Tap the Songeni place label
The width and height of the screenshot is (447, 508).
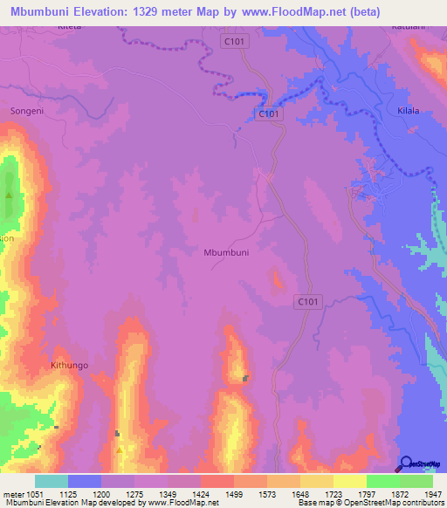pyautogui.click(x=27, y=111)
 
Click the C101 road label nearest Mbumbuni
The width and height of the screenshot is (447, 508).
pyautogui.click(x=306, y=301)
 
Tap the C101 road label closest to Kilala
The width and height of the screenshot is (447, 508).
pyautogui.click(x=270, y=113)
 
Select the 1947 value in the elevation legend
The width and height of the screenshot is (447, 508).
pyautogui.click(x=423, y=493)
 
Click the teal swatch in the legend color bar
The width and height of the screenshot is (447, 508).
pyautogui.click(x=52, y=481)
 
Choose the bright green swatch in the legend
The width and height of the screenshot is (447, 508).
pyautogui.click(x=383, y=481)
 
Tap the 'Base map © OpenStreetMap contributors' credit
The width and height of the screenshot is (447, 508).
pyautogui.click(x=371, y=504)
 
